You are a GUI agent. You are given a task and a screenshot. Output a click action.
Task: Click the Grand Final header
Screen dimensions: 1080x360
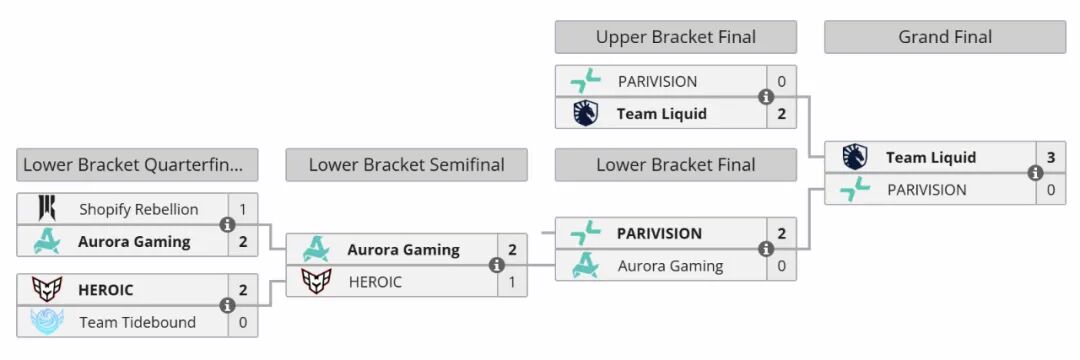(x=945, y=37)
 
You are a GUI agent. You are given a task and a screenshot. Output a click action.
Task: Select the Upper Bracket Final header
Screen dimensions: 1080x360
(x=676, y=37)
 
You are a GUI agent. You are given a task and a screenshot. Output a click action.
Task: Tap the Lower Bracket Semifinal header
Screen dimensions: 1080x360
(x=406, y=165)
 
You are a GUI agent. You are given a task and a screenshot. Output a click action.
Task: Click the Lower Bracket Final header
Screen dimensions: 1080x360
(x=676, y=165)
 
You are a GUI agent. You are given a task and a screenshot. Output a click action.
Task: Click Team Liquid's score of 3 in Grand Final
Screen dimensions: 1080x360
(x=1051, y=158)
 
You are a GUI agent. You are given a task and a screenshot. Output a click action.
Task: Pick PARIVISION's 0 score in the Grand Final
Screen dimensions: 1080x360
(x=1051, y=189)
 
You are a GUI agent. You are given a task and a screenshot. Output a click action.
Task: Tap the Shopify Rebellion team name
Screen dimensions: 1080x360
(x=138, y=209)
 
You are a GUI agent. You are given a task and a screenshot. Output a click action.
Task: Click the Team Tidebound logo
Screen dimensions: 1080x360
(x=47, y=321)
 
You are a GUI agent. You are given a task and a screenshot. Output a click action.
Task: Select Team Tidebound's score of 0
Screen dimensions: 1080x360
(x=243, y=322)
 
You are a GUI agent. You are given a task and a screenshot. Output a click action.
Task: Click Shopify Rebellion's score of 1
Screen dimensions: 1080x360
(x=243, y=209)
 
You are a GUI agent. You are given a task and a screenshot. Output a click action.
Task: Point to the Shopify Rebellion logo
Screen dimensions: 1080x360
(x=47, y=209)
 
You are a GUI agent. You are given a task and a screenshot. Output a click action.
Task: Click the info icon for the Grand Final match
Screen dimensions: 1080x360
(x=1035, y=173)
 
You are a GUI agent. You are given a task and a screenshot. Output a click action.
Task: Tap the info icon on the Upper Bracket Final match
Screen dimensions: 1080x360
(x=765, y=97)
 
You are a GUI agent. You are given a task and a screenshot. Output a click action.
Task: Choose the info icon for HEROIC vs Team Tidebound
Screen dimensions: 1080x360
(x=227, y=306)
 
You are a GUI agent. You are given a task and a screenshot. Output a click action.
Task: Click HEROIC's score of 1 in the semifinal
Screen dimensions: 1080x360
(x=512, y=282)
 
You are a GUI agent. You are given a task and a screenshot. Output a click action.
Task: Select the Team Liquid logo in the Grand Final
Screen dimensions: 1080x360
(x=855, y=157)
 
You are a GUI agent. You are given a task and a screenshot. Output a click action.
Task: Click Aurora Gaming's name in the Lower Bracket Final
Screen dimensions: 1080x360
(x=670, y=266)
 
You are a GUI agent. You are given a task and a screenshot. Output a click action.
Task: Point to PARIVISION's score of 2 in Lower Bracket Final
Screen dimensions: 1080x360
(x=782, y=233)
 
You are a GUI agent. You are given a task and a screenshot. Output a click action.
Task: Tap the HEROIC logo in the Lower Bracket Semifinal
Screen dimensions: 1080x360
(x=316, y=281)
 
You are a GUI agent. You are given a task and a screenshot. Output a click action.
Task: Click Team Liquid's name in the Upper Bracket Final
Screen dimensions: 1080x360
(x=662, y=114)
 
